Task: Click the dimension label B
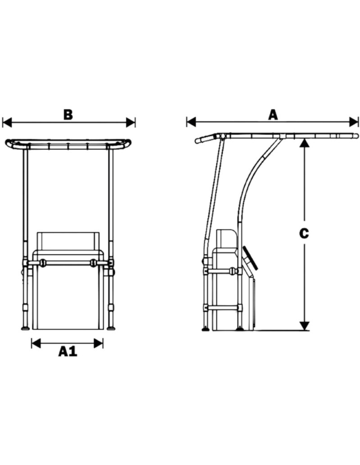(x=68, y=115)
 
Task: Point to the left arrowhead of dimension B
(x=7, y=123)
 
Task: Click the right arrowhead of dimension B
(x=131, y=123)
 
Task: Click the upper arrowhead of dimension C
(x=304, y=143)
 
